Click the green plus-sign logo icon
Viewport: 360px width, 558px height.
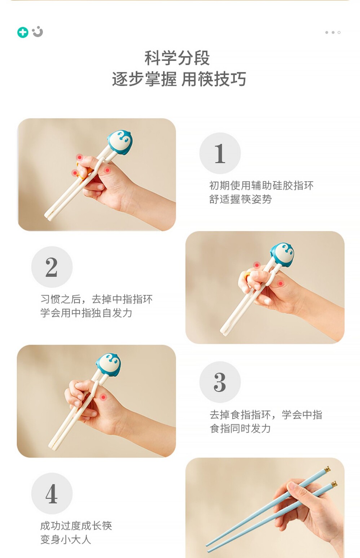click(23, 32)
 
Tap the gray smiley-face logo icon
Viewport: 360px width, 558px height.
click(38, 32)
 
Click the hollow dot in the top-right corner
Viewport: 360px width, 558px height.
click(339, 32)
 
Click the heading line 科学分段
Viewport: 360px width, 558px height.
click(177, 58)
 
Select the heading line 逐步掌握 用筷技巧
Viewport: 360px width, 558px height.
click(179, 79)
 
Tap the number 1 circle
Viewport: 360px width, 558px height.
click(220, 153)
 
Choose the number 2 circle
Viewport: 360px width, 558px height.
click(52, 267)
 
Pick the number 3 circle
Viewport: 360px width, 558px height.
click(220, 382)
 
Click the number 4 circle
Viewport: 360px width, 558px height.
click(52, 493)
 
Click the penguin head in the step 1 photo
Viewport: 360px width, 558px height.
click(120, 141)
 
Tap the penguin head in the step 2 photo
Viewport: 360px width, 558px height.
click(282, 254)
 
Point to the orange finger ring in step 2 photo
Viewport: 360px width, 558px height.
click(247, 276)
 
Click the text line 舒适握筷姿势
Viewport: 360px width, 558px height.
click(240, 199)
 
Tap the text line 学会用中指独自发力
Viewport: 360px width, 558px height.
click(86, 313)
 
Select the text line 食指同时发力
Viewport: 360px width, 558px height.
click(240, 428)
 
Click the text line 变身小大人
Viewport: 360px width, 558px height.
click(66, 540)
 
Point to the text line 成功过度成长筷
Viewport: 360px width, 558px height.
click(76, 526)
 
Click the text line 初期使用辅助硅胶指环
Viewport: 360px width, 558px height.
click(261, 186)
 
